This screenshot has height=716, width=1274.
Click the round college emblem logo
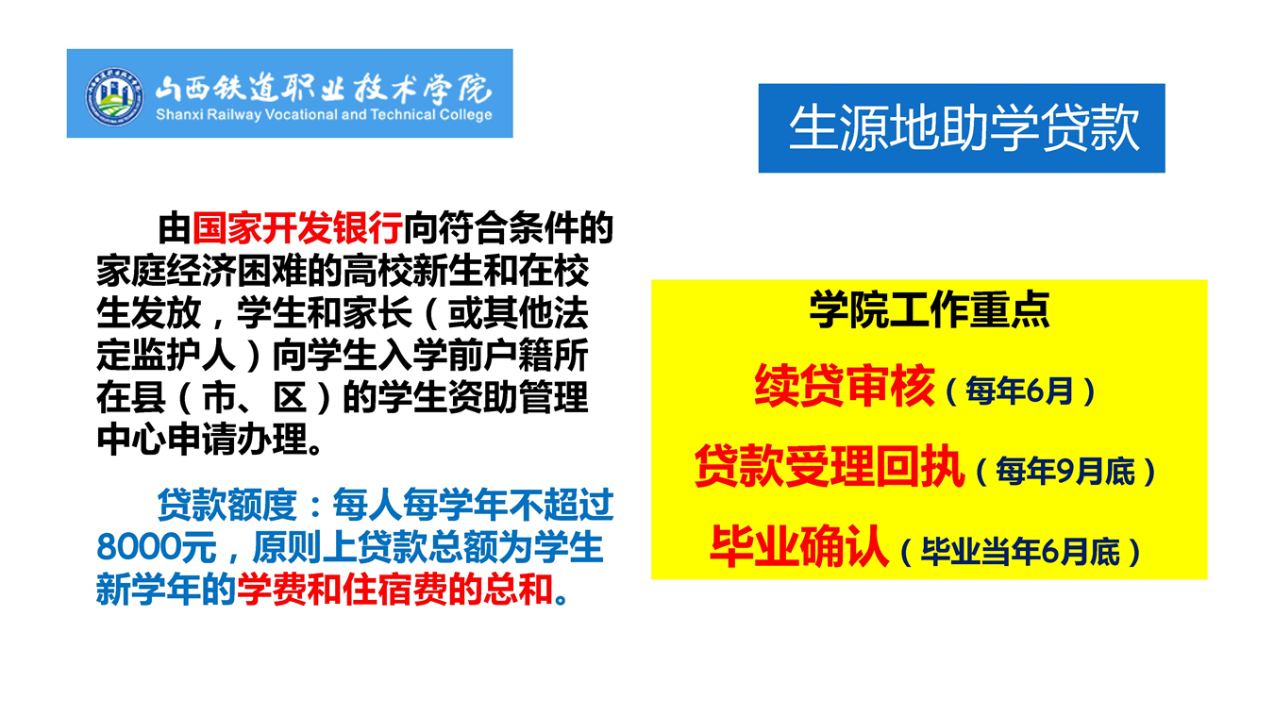click(x=114, y=96)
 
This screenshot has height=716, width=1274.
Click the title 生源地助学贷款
click(x=964, y=128)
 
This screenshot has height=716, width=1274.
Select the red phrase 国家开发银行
click(x=297, y=228)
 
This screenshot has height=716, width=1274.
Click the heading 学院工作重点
click(x=930, y=310)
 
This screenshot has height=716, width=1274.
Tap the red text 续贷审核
click(x=844, y=386)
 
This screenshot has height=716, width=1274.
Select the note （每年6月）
click(x=1020, y=391)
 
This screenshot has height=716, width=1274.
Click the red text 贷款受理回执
click(x=830, y=466)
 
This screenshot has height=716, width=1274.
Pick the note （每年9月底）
click(x=1066, y=472)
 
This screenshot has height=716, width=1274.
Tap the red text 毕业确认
click(x=798, y=546)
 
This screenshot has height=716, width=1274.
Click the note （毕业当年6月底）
click(x=1020, y=552)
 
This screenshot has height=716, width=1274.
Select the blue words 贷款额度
click(x=226, y=505)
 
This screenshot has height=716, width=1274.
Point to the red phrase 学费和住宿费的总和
click(x=394, y=590)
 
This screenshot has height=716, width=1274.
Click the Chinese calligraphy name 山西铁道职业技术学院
click(x=323, y=89)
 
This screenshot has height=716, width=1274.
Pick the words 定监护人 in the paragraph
click(x=167, y=356)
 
